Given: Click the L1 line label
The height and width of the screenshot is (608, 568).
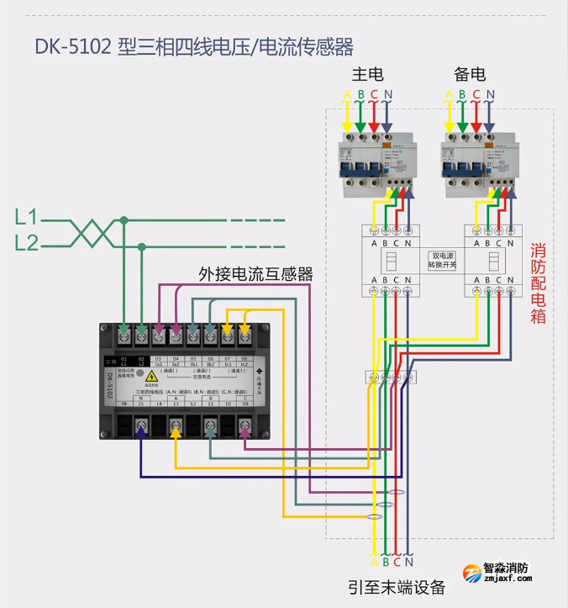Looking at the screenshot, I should [27, 219].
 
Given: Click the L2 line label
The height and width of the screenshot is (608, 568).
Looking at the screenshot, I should [27, 244].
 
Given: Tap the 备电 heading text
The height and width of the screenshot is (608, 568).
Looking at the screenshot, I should [469, 74].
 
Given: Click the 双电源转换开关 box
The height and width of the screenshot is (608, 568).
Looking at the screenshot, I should [442, 260].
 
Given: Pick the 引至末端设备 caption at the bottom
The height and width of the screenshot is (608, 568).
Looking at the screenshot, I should [397, 587].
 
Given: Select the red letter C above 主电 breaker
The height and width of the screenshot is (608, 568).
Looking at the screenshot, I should [374, 94].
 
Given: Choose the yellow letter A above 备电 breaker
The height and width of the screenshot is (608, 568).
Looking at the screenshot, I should [450, 94].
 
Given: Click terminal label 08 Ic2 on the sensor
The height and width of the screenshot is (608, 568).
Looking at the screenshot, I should [245, 362].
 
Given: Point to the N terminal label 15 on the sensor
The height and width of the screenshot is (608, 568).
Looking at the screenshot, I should [141, 404].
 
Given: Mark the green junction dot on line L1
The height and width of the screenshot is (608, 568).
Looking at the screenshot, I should [124, 220].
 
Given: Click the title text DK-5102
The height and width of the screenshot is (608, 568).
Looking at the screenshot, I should [74, 45].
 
